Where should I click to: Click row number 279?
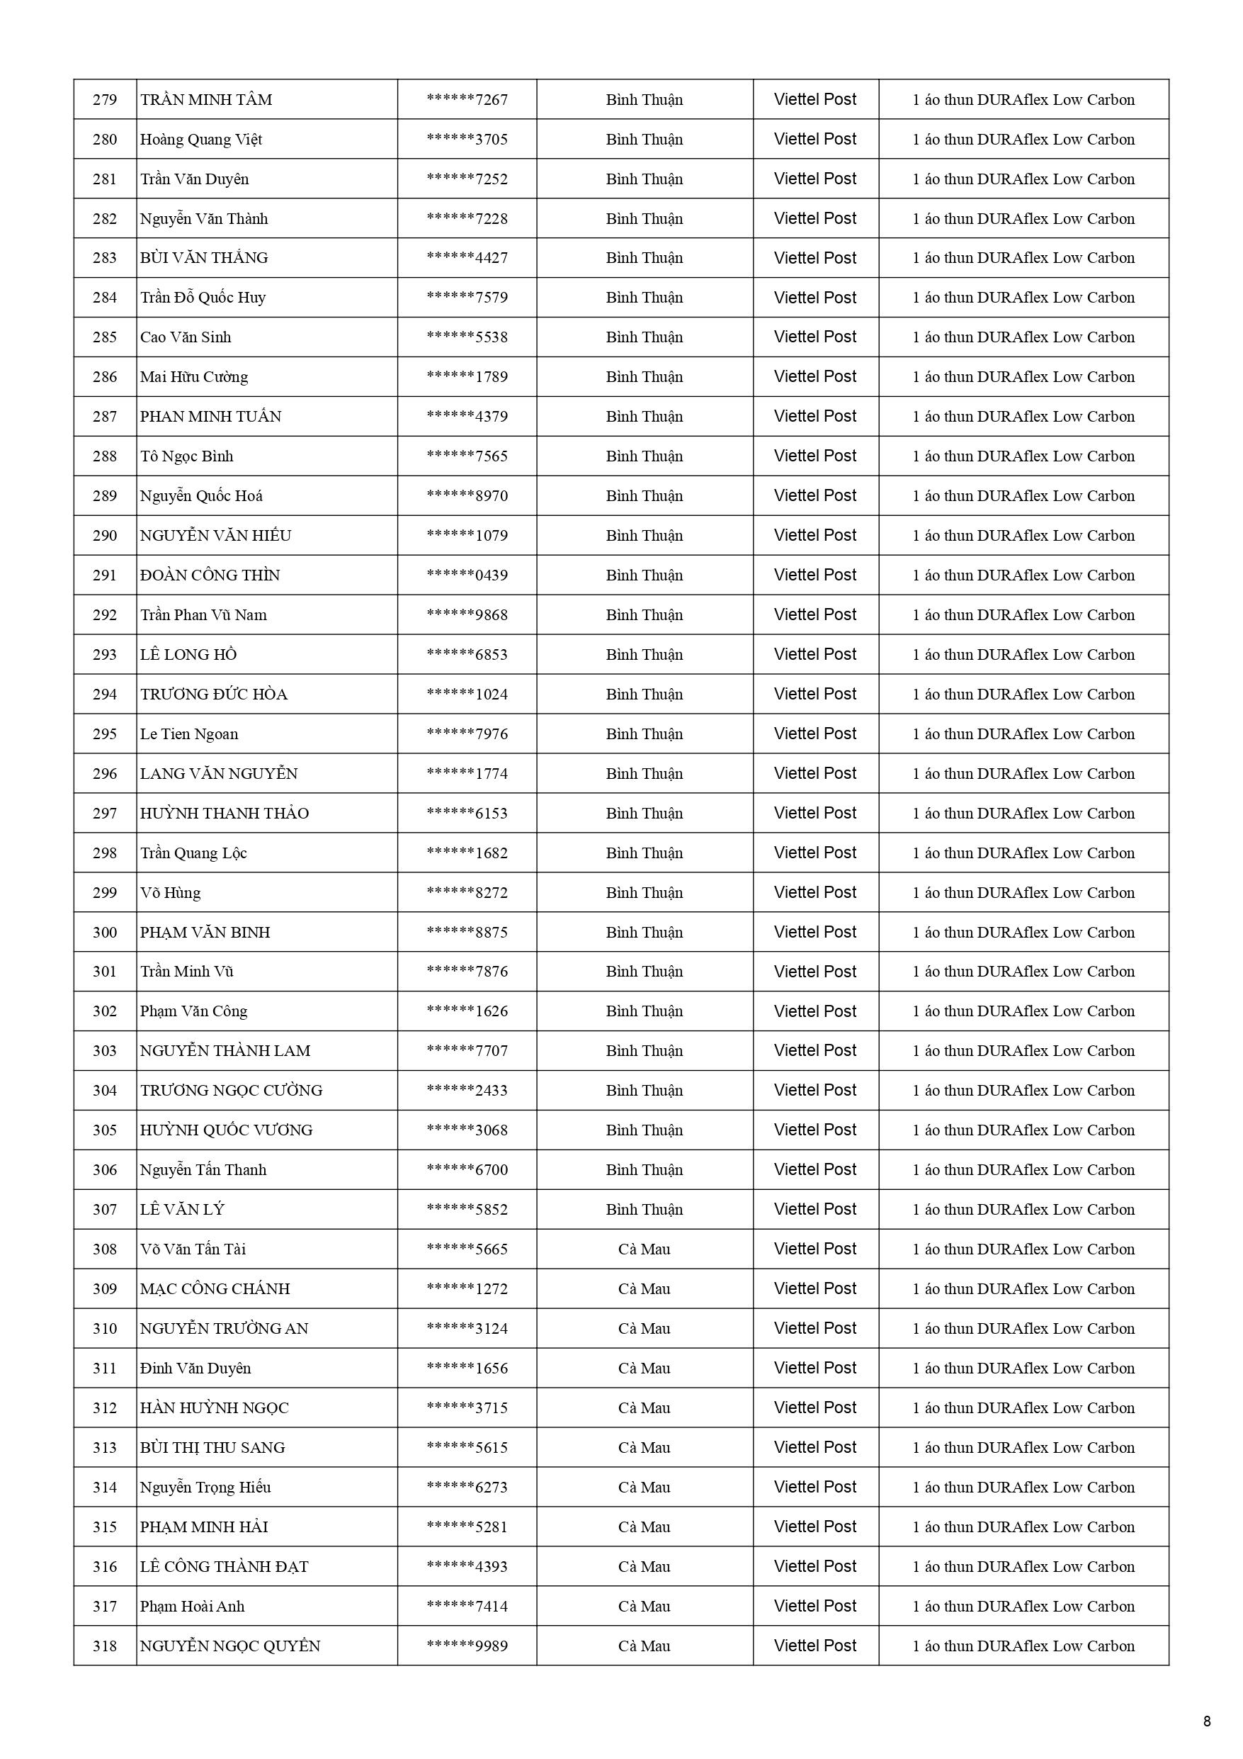click(105, 100)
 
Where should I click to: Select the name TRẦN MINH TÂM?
click(206, 100)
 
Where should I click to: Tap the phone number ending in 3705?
click(467, 140)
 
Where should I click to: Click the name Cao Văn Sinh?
click(186, 337)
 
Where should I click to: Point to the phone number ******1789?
click(467, 377)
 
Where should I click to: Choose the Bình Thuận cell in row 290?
click(644, 536)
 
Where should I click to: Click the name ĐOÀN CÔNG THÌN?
click(210, 575)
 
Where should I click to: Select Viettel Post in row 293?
click(815, 654)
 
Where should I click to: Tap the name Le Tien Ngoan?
click(189, 734)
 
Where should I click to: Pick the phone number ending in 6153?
click(467, 813)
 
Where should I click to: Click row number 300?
click(105, 933)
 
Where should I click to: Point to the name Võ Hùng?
click(170, 892)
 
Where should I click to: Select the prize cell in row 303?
click(1023, 1050)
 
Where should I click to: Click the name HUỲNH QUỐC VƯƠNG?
click(226, 1130)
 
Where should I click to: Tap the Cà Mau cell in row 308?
click(644, 1249)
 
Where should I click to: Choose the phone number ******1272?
click(467, 1288)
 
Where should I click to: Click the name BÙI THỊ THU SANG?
click(212, 1447)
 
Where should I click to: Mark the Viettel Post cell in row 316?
click(815, 1566)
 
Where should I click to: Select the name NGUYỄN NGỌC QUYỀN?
click(229, 1646)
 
